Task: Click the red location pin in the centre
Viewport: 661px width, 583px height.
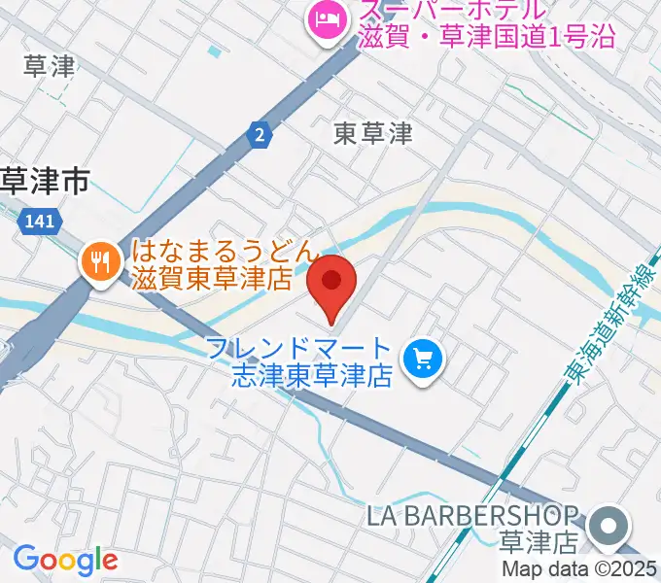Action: tap(331, 284)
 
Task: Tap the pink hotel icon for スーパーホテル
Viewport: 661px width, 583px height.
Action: tap(324, 18)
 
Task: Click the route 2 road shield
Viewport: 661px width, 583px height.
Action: tap(258, 136)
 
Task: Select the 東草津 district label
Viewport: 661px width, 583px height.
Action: tap(372, 134)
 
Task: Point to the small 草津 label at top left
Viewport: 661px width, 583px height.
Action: tap(49, 66)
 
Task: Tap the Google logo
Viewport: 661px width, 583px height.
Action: tap(65, 560)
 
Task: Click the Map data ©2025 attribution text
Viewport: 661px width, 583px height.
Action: tap(579, 569)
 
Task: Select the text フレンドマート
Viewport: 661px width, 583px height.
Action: tap(298, 349)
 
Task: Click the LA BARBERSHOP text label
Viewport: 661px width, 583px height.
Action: tap(486, 515)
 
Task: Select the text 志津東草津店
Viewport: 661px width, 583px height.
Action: tap(311, 375)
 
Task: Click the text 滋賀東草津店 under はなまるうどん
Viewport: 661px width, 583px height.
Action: tap(213, 280)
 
